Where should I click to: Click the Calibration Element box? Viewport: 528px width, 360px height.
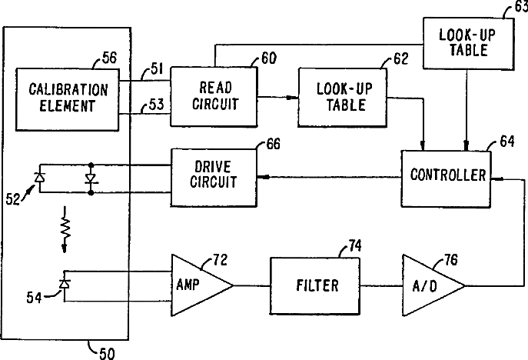point(68,100)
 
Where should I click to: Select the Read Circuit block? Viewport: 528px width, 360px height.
point(214,97)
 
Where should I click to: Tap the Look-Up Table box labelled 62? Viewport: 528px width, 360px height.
point(342,98)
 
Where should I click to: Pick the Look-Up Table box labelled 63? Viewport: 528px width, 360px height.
point(468,44)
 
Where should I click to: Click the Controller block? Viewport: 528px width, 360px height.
point(446,178)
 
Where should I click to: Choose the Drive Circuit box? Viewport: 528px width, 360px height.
point(214,177)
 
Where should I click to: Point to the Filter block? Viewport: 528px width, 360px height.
point(315,286)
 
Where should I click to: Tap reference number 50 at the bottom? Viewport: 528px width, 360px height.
point(107,354)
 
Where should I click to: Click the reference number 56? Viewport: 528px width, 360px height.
point(109,58)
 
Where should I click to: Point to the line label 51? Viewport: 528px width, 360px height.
point(157,68)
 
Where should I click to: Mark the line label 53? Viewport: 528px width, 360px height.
point(156,105)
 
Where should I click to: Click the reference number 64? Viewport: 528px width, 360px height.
point(507,142)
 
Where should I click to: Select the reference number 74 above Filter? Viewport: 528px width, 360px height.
point(355,245)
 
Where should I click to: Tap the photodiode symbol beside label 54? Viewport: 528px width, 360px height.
point(65,284)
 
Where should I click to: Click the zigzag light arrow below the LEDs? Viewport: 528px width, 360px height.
point(65,229)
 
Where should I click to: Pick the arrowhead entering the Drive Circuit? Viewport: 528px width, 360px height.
point(264,177)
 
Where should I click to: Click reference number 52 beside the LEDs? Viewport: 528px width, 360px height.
point(13,199)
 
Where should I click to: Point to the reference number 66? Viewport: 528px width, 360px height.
point(273,144)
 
